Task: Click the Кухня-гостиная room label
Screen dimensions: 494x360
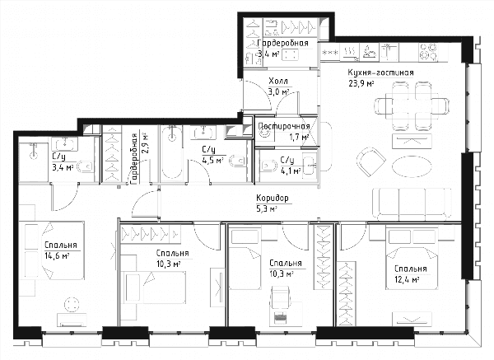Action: [380, 72]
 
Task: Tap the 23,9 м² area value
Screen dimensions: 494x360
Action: [361, 83]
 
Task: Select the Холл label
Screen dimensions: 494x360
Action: [278, 82]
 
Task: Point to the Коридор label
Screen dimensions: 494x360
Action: [273, 199]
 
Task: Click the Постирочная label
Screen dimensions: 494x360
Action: [284, 126]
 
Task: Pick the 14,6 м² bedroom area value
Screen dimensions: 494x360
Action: [57, 256]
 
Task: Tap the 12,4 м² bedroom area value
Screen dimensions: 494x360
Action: [407, 279]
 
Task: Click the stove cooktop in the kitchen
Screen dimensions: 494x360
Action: [428, 52]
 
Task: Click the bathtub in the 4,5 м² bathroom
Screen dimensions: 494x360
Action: [172, 153]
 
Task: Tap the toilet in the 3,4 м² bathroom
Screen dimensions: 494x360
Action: [85, 166]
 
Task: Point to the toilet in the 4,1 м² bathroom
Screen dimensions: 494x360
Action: [268, 166]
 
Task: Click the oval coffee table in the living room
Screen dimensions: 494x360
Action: [412, 166]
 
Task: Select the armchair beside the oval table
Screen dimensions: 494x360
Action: [371, 162]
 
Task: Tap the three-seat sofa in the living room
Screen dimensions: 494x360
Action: [412, 204]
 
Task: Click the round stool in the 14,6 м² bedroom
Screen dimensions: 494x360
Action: [72, 305]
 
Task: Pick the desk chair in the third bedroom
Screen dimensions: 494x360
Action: [280, 297]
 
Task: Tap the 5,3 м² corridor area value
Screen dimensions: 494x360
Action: [267, 208]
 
